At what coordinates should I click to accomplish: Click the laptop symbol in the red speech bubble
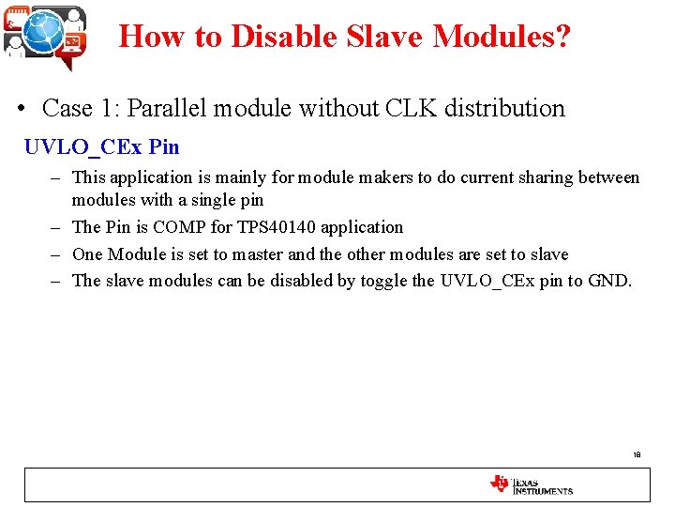(x=72, y=42)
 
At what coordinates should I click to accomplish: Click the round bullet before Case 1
(x=22, y=110)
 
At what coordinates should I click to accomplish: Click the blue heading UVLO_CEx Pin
(x=101, y=147)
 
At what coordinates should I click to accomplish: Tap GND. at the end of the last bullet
(x=608, y=282)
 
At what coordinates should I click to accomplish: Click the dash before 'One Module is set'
(x=57, y=254)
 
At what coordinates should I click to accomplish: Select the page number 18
(x=637, y=454)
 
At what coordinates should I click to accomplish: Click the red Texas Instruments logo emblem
(x=499, y=484)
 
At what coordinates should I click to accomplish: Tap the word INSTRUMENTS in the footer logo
(x=542, y=491)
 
